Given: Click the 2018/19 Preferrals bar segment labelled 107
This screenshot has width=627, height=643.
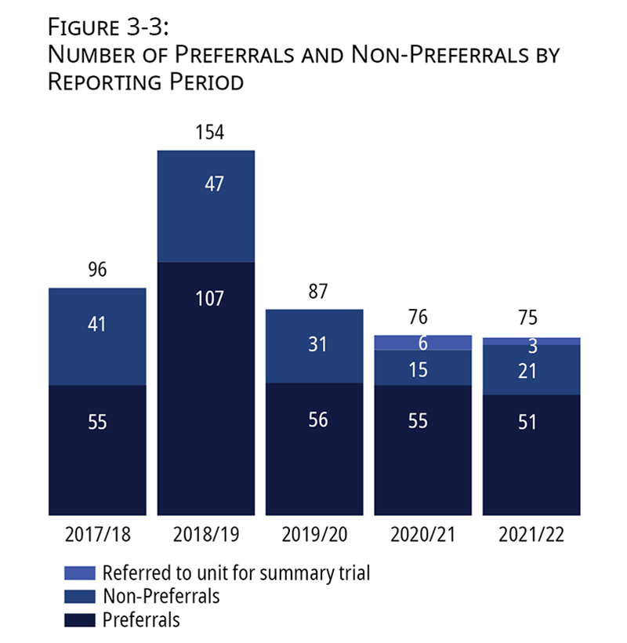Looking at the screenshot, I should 206,388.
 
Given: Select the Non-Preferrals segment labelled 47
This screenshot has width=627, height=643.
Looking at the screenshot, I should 206,205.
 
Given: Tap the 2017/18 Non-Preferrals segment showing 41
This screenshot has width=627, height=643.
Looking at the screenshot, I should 97,336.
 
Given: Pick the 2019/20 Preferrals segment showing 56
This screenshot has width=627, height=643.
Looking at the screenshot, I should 314,449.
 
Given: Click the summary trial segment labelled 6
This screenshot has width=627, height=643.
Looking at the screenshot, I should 423,343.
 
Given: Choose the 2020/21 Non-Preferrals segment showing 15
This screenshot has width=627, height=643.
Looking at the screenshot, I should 423,368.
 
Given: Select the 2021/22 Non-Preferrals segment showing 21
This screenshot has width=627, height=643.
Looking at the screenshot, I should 532,369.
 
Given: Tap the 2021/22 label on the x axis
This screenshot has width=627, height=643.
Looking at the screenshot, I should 532,536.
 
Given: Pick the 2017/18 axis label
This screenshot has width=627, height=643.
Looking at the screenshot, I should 97,536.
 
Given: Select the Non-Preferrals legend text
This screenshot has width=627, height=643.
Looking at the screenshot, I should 161,596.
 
